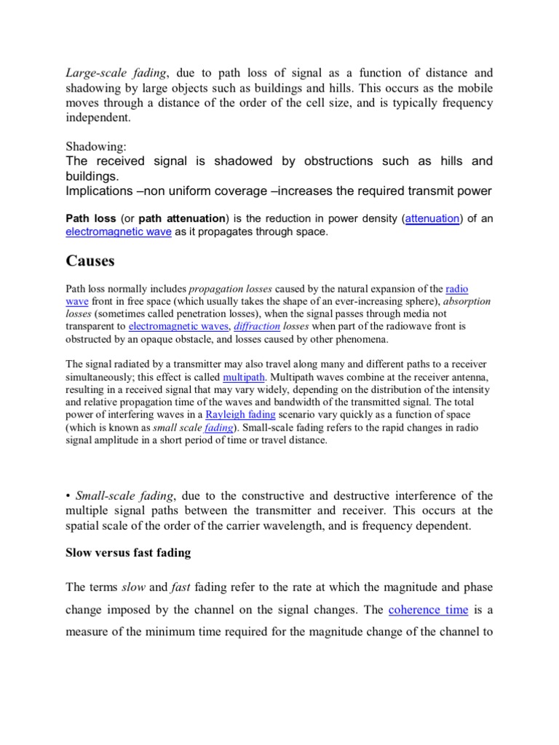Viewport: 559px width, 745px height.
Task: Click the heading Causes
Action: point(90,260)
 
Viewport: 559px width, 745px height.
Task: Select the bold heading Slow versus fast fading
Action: point(128,552)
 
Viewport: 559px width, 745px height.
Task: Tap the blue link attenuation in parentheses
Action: point(431,218)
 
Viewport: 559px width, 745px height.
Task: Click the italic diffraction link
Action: point(257,327)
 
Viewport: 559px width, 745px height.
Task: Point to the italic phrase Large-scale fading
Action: point(116,73)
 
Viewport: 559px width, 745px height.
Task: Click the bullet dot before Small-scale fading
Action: point(68,496)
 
